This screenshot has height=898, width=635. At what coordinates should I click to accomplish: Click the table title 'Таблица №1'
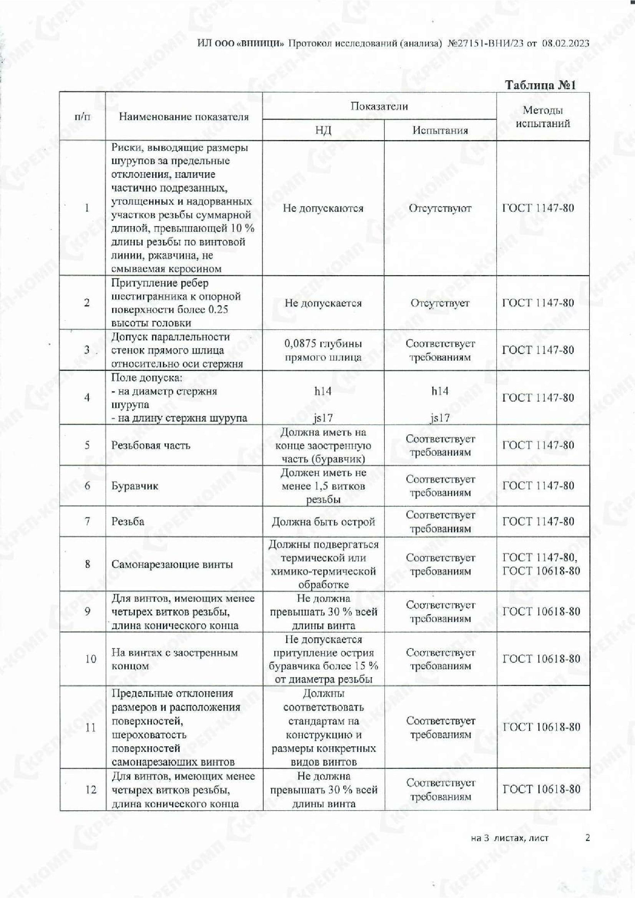point(540,85)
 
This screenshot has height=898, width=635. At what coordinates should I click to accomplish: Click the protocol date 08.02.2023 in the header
point(565,43)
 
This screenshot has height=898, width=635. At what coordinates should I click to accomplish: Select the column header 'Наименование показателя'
point(184,117)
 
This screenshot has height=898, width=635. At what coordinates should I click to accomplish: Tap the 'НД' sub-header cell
point(323,130)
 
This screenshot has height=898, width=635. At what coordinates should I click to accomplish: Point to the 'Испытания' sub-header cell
point(440,130)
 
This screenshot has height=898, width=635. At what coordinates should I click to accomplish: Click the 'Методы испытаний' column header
point(543,117)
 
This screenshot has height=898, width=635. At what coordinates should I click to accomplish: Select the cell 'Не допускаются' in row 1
point(323,208)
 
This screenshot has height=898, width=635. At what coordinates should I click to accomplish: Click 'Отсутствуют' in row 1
point(440,208)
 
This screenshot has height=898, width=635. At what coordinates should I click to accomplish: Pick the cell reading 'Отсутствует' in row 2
point(440,303)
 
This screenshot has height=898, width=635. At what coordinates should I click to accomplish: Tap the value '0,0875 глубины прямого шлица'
point(323,350)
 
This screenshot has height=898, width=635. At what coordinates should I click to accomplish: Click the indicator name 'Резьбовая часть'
point(151,445)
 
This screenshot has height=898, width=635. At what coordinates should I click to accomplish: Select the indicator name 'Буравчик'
point(134,486)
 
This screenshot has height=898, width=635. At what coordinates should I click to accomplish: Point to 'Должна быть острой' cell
point(323,521)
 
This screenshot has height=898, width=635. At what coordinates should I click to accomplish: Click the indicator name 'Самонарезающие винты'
point(172,564)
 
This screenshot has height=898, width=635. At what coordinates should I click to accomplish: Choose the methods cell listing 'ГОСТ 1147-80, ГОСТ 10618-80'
point(541,564)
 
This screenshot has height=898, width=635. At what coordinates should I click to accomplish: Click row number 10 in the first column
point(90,659)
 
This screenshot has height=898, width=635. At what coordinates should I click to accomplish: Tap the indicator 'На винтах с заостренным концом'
point(174,659)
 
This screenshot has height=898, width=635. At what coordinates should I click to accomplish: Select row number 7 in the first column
point(87,521)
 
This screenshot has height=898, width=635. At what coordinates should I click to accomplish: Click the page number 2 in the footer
point(587,837)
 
